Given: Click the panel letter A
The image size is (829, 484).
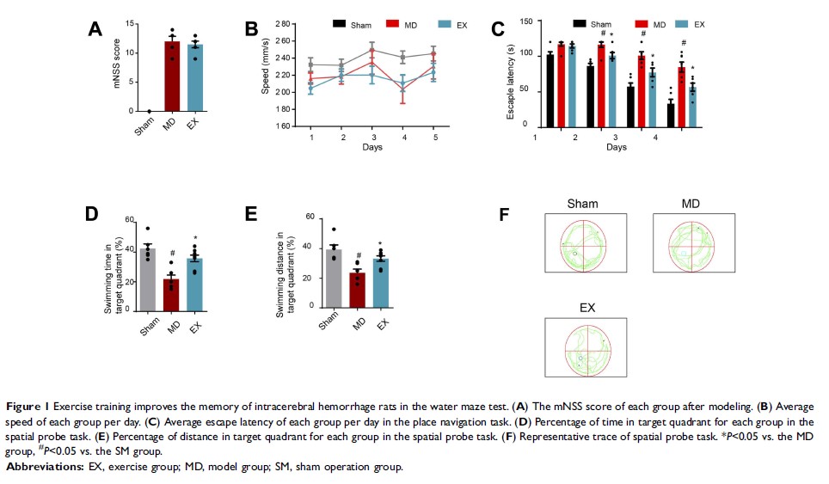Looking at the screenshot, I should (x=96, y=30).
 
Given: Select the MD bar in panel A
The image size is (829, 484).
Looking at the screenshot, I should (x=172, y=77).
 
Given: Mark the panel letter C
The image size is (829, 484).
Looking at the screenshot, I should (x=497, y=29).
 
